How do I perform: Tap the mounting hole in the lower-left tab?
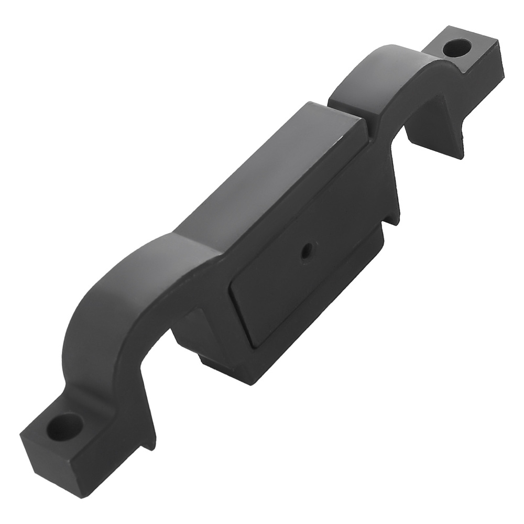click(x=65, y=426)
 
